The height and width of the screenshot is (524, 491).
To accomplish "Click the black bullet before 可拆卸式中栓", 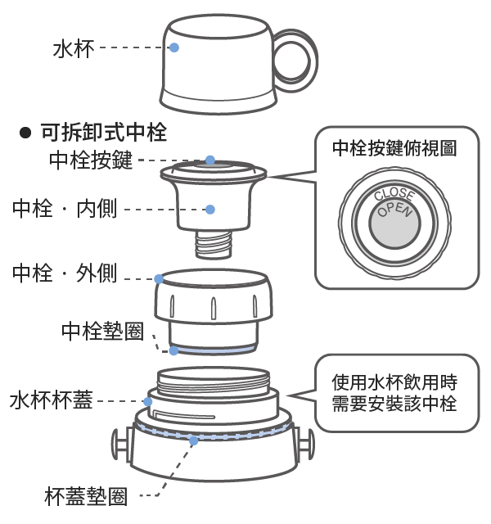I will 25,133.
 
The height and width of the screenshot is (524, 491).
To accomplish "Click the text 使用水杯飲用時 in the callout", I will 394,382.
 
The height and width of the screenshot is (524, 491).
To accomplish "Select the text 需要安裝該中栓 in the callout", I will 394,404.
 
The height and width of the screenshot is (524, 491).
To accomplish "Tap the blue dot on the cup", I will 175,47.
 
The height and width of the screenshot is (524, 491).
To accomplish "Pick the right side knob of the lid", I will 308,449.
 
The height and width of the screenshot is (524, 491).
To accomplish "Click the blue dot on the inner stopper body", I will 209,210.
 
